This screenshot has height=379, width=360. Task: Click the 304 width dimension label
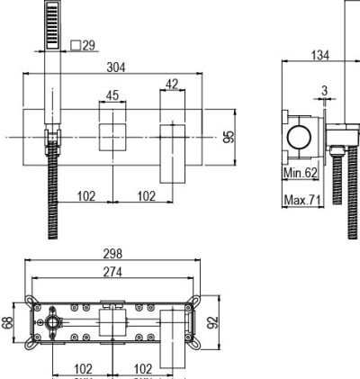coord(116,68)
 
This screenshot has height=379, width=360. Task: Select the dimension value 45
coord(112,95)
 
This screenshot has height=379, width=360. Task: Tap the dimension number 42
coord(172,85)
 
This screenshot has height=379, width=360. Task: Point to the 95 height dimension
coord(229,137)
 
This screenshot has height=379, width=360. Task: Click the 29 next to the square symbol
coord(89,45)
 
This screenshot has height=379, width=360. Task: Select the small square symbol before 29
coord(76,45)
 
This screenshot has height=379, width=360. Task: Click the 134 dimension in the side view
coord(320,56)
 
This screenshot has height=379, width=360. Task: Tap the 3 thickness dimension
coord(325,91)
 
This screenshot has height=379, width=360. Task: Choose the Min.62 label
coord(301,173)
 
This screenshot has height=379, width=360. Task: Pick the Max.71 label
coord(302,200)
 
